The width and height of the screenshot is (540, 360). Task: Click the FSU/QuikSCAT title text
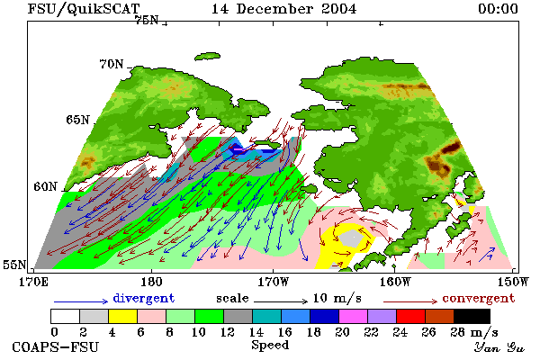point(84,9)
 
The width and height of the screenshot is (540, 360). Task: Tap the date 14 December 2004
point(283,9)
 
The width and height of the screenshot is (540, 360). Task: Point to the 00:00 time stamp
point(498,9)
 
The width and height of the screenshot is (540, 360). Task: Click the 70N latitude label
point(112,64)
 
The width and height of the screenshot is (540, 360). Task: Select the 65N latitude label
point(77,120)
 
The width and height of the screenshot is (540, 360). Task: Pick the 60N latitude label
point(45,186)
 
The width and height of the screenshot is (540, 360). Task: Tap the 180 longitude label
point(151,282)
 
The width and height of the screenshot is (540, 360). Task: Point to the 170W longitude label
point(273,282)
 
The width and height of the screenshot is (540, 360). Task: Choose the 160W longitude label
point(395,282)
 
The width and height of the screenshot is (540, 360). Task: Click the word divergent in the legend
point(144,298)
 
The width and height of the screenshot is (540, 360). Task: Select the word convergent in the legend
point(479,298)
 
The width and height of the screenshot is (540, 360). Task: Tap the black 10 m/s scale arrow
point(281,301)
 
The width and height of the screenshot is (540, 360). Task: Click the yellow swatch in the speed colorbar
point(122,316)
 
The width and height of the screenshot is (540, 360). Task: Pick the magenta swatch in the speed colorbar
point(354,316)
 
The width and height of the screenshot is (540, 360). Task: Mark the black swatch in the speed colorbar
point(472,316)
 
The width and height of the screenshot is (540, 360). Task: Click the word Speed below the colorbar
point(270,346)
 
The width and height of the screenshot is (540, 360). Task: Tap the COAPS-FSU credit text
point(56,346)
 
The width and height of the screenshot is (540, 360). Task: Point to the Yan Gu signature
point(499,347)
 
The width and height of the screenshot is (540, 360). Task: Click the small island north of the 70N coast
point(207,56)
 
